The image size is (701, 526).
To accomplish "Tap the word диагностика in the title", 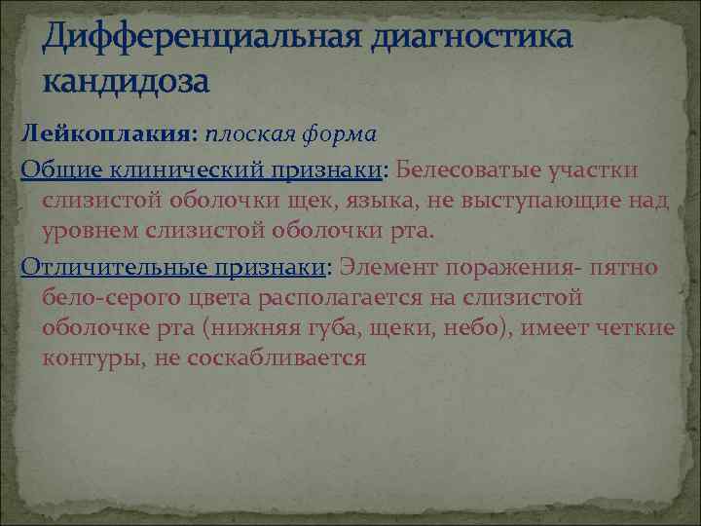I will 471,36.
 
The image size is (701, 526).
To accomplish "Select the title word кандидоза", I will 126,82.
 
